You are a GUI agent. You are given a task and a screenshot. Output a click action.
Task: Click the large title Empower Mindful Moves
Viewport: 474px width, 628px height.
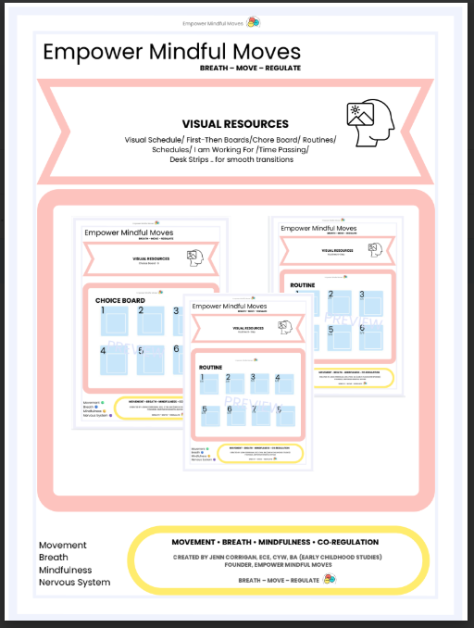click(x=172, y=52)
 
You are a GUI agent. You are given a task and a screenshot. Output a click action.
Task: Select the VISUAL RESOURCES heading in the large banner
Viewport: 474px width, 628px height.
click(x=234, y=123)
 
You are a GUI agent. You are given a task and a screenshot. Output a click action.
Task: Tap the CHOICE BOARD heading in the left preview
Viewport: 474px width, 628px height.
click(x=122, y=300)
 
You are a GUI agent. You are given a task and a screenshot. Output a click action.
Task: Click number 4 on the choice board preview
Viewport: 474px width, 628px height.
click(x=104, y=351)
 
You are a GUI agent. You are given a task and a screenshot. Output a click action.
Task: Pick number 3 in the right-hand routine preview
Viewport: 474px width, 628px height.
click(x=363, y=295)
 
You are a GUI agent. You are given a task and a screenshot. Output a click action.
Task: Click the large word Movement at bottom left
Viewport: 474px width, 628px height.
click(x=63, y=546)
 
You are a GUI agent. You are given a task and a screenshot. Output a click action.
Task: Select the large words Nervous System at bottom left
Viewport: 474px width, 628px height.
click(x=74, y=582)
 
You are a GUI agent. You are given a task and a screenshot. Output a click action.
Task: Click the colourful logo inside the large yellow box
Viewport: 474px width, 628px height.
click(x=330, y=580)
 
